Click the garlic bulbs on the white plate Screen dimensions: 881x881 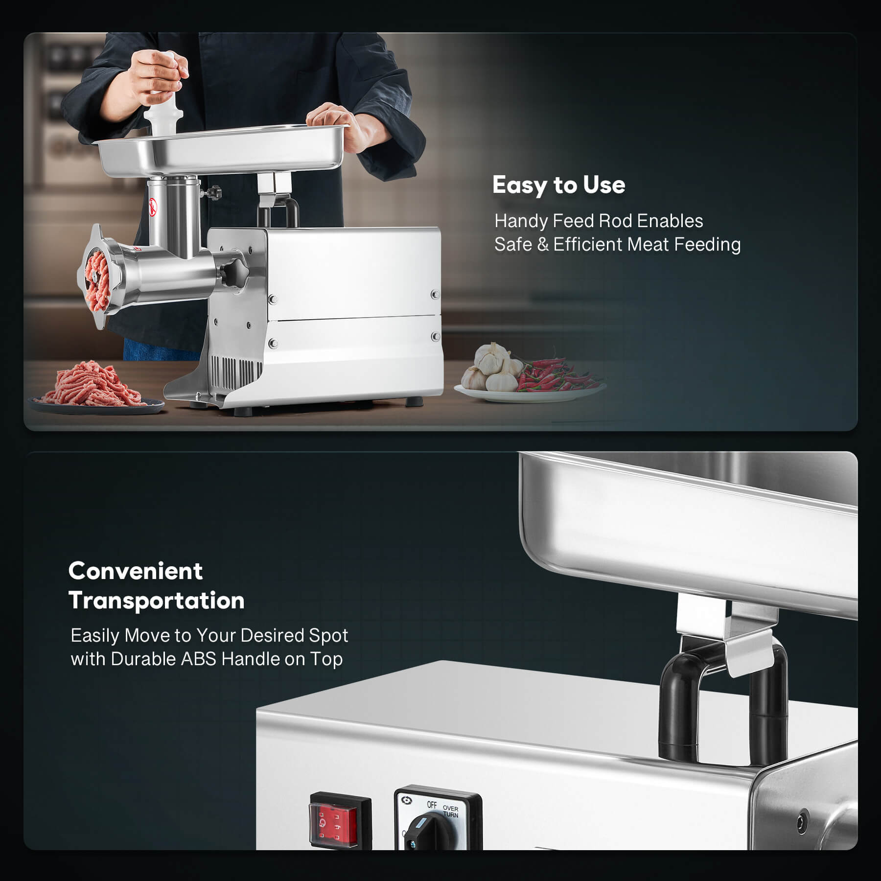tap(493, 368)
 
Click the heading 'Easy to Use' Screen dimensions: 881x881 tap(558, 185)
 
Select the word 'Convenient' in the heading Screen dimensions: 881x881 tap(136, 571)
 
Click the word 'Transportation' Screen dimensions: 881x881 tap(157, 601)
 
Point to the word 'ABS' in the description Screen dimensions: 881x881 tap(198, 659)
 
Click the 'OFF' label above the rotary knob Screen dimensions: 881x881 tap(432, 805)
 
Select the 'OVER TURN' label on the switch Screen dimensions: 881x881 tap(451, 811)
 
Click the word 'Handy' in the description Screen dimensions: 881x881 tap(521, 221)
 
